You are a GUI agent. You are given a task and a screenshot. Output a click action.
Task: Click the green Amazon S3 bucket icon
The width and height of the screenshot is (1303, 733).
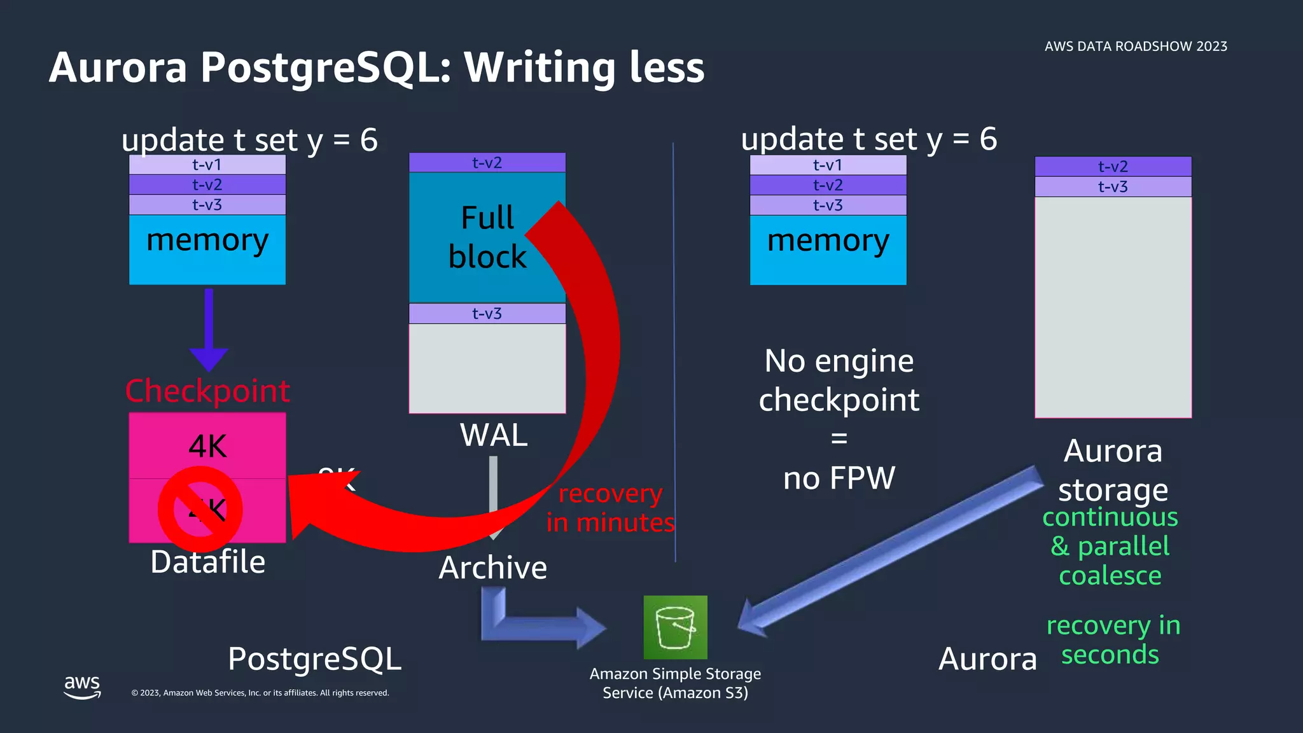(x=675, y=627)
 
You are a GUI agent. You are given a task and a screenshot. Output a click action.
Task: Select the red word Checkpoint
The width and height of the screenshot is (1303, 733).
(x=207, y=391)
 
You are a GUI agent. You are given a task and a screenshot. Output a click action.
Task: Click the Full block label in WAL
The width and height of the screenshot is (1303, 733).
(x=487, y=237)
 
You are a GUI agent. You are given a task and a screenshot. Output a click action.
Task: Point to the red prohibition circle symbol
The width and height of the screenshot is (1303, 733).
(x=200, y=509)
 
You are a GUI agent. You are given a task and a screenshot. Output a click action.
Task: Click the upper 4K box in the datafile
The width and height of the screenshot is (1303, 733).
(x=207, y=445)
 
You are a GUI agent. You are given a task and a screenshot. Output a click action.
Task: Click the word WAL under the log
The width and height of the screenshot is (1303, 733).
(x=494, y=436)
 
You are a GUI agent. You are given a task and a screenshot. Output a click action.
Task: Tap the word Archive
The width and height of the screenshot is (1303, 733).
(x=493, y=568)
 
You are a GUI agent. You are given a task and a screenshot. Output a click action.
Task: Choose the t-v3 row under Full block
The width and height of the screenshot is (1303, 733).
(x=487, y=314)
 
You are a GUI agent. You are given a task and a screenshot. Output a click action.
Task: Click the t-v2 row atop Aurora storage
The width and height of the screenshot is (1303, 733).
(x=1113, y=167)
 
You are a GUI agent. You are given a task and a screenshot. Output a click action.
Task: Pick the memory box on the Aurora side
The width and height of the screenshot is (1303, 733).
(x=828, y=249)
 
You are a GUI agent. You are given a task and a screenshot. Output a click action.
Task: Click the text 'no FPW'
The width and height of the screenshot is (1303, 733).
(x=839, y=478)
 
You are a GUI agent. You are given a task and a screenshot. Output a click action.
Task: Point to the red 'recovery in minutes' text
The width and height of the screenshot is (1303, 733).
(x=610, y=508)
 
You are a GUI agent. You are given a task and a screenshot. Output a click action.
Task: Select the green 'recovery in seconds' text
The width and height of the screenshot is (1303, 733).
(x=1112, y=640)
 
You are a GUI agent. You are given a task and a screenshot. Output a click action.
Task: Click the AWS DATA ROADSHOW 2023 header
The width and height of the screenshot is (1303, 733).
(x=1136, y=46)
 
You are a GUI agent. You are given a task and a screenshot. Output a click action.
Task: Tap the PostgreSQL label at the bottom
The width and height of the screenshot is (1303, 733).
(x=314, y=659)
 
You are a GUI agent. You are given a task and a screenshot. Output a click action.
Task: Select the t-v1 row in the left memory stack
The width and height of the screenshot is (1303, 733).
(x=207, y=165)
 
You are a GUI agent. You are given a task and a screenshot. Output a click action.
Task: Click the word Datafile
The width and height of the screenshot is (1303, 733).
(x=207, y=562)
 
